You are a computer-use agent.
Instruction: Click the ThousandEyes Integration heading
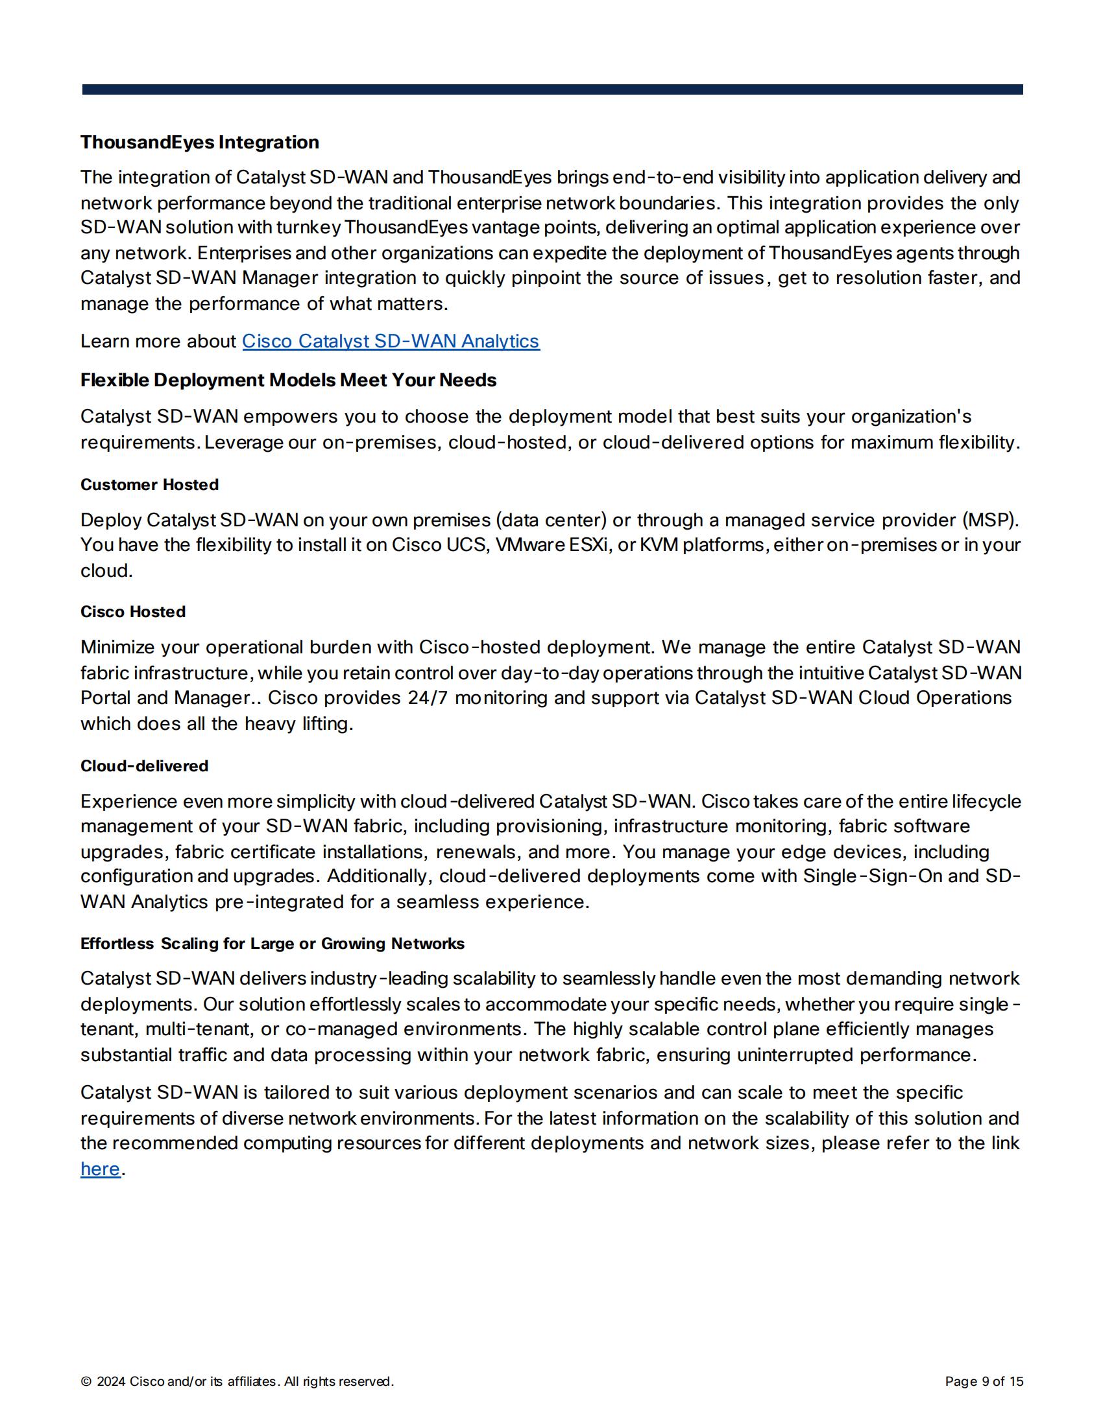click(199, 143)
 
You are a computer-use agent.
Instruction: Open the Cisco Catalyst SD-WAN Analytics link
click(391, 342)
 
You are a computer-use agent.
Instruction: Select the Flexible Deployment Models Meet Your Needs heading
click(288, 380)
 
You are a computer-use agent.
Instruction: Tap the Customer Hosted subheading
click(150, 484)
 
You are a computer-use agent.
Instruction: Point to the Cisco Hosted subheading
click(132, 612)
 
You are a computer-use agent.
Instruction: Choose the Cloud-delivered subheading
click(145, 766)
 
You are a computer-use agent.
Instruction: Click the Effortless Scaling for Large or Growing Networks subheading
click(273, 944)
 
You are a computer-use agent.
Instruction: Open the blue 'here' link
click(100, 1169)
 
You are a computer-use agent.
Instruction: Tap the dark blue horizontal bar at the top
click(552, 89)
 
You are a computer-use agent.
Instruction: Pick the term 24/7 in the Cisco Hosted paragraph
click(428, 698)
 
